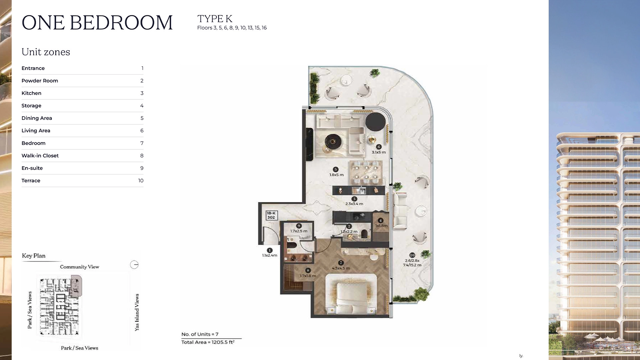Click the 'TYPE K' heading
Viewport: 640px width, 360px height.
[x=215, y=19]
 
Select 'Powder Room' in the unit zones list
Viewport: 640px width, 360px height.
[x=40, y=81]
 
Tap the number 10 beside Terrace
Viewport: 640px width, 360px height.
[x=141, y=181]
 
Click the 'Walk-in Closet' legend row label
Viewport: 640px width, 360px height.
[x=40, y=156]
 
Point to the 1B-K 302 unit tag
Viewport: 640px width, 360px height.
[x=271, y=215]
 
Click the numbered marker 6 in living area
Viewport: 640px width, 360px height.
[x=379, y=147]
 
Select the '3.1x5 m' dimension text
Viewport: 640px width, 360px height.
[x=379, y=152]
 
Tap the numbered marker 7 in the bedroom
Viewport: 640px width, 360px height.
[x=341, y=263]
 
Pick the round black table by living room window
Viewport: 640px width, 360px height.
[x=375, y=122]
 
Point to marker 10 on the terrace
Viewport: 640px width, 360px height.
[x=412, y=255]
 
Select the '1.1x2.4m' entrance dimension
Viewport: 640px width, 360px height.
[x=269, y=255]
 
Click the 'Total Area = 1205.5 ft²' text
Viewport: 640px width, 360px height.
[x=208, y=342]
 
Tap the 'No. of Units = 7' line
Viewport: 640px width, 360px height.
[x=200, y=334]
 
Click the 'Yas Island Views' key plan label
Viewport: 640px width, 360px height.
[x=137, y=312]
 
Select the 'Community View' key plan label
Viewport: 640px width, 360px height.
[x=79, y=267]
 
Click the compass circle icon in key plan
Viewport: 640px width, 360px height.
[x=134, y=265]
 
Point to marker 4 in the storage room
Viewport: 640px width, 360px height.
[x=380, y=220]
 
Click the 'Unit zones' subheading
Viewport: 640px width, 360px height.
[x=46, y=52]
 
